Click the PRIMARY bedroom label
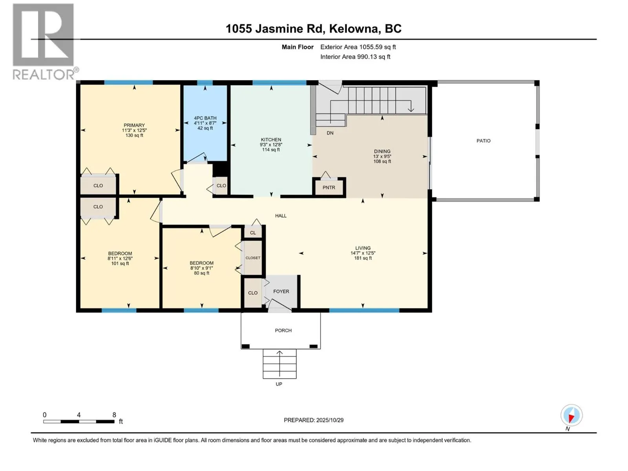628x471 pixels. tap(134, 125)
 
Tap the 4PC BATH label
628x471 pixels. tap(205, 118)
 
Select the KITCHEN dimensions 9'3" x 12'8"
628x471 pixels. tap(271, 144)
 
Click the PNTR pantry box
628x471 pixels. tap(329, 188)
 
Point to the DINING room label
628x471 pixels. tap(382, 151)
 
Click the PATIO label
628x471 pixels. tap(483, 141)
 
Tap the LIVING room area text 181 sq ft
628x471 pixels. tap(363, 258)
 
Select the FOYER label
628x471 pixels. tap(281, 292)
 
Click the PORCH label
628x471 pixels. tap(283, 330)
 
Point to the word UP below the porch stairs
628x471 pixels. tap(279, 384)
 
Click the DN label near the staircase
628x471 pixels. tap(330, 133)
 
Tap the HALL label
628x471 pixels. tap(281, 215)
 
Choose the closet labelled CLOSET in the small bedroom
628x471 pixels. tap(253, 258)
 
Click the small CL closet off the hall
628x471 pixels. tap(253, 233)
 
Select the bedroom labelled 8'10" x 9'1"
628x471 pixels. tap(201, 268)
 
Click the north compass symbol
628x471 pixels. tap(571, 416)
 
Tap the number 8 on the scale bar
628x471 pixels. tap(114, 415)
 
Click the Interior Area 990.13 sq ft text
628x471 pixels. tap(355, 57)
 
